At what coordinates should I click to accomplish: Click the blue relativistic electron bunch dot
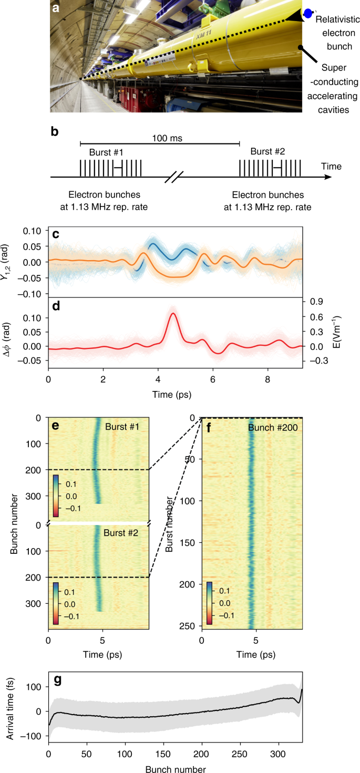point(308,13)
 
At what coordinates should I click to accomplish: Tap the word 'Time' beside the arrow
point(332,167)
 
